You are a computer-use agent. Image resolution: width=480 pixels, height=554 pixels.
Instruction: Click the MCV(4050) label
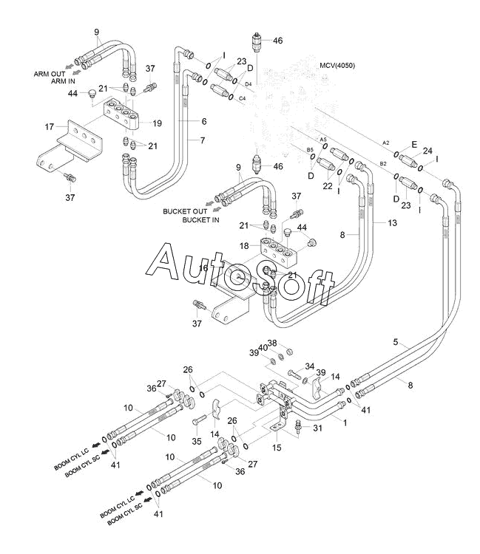tap(337, 66)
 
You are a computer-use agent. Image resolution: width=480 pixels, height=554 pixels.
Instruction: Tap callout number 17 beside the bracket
tap(50, 126)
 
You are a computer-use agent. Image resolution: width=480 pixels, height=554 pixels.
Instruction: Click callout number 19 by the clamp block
tap(157, 123)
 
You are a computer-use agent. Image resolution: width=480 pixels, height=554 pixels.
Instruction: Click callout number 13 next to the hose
tap(391, 223)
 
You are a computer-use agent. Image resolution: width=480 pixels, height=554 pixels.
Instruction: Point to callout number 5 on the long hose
tap(396, 342)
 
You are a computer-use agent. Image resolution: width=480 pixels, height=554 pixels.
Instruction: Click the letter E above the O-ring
tap(414, 143)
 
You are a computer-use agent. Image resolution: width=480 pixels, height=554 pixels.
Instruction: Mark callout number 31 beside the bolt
tap(318, 427)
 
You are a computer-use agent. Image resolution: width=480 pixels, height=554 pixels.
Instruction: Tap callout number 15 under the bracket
tap(278, 448)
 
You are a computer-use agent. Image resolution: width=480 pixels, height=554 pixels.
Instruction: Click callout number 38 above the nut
tap(271, 343)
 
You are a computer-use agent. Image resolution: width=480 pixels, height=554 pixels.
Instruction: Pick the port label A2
tap(385, 142)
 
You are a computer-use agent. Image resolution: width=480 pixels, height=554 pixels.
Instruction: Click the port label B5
tap(311, 150)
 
